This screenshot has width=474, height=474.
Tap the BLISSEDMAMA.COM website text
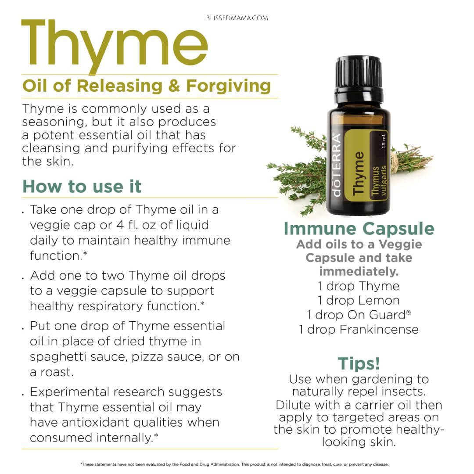(x=237, y=18)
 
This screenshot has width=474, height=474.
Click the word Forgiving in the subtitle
(x=229, y=86)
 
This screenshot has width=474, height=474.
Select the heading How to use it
(x=82, y=186)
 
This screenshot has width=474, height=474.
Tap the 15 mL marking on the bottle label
(x=383, y=141)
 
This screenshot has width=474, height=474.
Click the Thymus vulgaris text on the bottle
(x=379, y=180)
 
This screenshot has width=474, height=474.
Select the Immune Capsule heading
(x=359, y=229)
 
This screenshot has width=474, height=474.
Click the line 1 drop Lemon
(x=359, y=301)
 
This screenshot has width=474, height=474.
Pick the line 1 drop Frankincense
(x=359, y=329)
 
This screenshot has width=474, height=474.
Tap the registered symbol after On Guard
(x=409, y=312)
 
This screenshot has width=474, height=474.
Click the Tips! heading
(x=359, y=363)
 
